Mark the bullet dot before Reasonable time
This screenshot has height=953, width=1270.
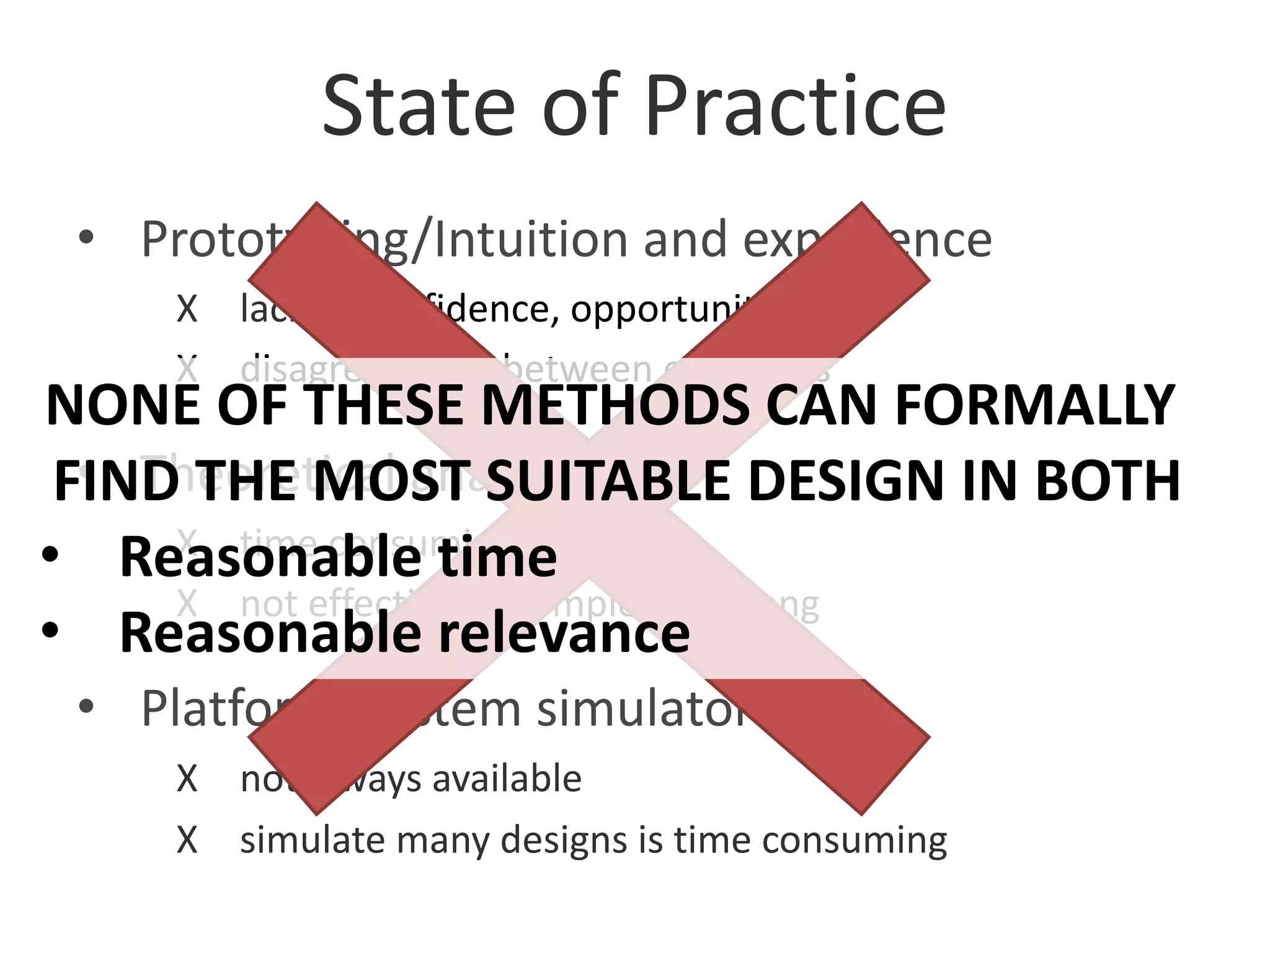coord(50,555)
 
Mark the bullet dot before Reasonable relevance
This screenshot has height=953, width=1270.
coord(50,630)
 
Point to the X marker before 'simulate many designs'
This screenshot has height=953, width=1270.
coord(187,841)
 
